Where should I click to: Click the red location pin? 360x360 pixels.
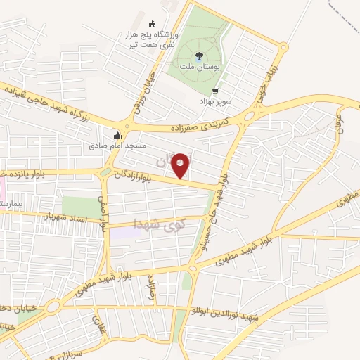click(181, 165)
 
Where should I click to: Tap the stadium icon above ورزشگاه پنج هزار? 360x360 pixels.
click(153, 23)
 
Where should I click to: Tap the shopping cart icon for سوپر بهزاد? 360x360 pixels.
click(215, 91)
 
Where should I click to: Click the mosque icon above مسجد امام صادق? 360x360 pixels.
click(118, 135)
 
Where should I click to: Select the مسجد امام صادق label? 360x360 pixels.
click(117, 146)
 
